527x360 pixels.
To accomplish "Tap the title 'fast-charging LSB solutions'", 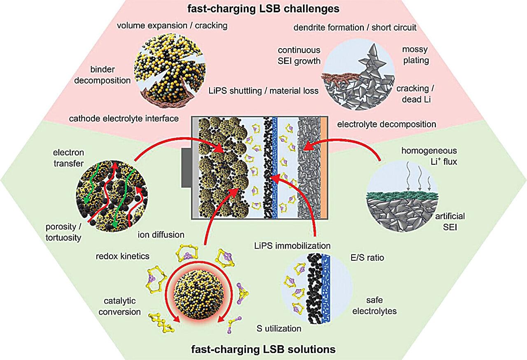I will (x=263, y=350).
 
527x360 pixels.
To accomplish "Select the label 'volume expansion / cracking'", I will (x=173, y=26).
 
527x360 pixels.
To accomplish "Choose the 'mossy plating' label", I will (x=414, y=55).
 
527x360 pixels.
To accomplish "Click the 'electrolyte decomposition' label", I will (x=386, y=124).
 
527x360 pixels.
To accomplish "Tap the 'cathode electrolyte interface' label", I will (x=124, y=119).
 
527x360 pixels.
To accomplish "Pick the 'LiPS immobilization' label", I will (x=292, y=246).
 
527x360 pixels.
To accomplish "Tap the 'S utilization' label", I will (x=278, y=328).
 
